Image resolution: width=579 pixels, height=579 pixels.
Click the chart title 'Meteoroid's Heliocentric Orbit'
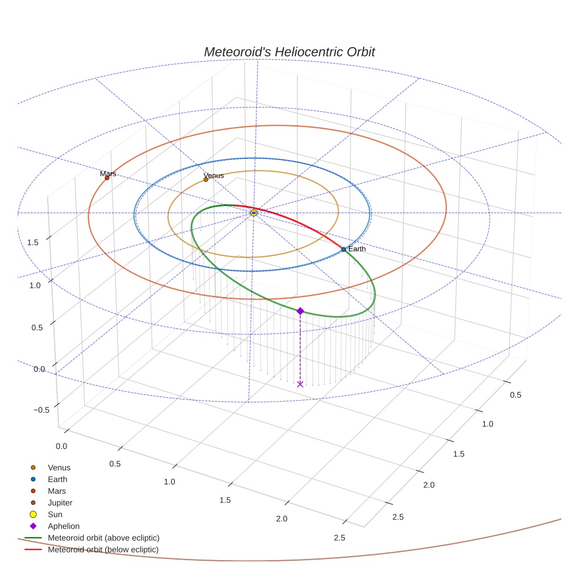click(x=289, y=52)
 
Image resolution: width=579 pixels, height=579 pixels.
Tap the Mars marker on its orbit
click(x=107, y=178)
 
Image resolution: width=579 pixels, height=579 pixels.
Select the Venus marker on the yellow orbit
click(x=206, y=179)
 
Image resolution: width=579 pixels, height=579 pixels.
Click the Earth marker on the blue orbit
click(x=344, y=249)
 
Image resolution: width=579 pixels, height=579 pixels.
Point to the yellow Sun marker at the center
click(x=254, y=212)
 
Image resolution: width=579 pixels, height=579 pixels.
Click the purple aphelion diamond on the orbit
click(x=300, y=311)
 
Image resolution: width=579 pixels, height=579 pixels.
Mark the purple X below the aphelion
click(x=300, y=384)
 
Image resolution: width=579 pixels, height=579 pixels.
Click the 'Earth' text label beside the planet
click(x=357, y=249)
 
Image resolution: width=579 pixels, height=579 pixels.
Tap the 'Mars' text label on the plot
click(x=108, y=174)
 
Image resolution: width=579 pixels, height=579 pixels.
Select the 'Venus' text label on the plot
click(x=214, y=175)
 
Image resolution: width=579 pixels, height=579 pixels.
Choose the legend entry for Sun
click(x=55, y=515)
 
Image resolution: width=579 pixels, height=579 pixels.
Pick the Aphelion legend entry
click(x=63, y=527)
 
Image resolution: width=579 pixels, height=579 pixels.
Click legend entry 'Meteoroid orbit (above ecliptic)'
click(x=104, y=538)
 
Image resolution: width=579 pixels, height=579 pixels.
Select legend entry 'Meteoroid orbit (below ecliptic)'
click(x=103, y=550)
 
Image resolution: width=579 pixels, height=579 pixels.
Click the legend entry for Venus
click(x=59, y=468)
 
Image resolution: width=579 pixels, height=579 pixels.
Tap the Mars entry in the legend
click(x=56, y=491)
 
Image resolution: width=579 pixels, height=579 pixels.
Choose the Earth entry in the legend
click(x=57, y=480)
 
